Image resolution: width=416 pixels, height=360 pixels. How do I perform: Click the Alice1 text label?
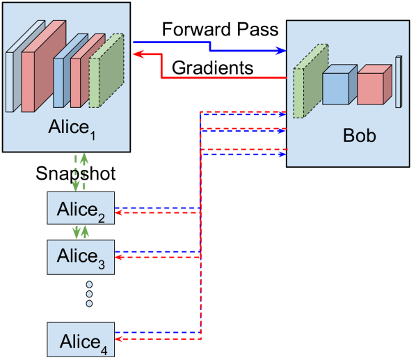tap(72, 129)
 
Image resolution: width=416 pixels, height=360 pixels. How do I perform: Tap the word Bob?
tap(359, 135)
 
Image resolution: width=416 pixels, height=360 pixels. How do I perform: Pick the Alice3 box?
tap(81, 256)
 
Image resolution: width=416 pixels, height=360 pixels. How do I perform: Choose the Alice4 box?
tap(81, 341)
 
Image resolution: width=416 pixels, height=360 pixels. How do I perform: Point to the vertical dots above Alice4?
tap(89, 294)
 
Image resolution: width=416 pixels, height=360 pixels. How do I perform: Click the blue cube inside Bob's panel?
tap(337, 86)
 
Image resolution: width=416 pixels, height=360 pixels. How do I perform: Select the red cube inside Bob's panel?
tap(372, 86)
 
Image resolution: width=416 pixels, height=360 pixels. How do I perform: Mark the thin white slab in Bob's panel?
tap(399, 81)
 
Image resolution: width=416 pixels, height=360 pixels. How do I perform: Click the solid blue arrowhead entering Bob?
tap(282, 50)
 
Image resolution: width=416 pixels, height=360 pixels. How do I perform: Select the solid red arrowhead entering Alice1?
tap(137, 54)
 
